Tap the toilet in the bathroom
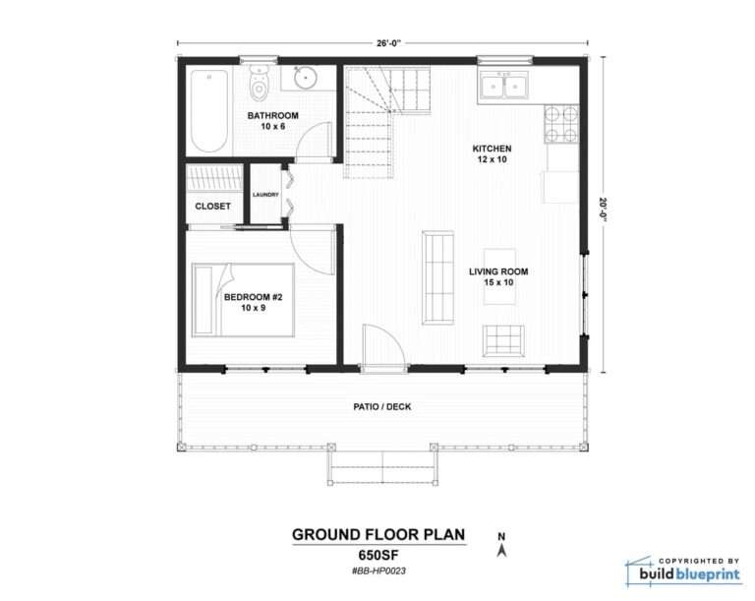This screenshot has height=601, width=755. coord(260,85)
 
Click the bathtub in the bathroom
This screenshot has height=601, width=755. coord(208,110)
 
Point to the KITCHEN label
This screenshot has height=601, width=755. coord(492,150)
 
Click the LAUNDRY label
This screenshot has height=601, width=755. coord(265,195)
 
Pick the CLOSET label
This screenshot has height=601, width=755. coord(213,207)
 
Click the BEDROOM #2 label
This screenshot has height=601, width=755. coord(253,297)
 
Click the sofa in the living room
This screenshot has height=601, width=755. coord(437,276)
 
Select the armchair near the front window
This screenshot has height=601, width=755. coord(504,340)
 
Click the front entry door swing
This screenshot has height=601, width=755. coord(381,346)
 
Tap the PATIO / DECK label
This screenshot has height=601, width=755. coord(381,405)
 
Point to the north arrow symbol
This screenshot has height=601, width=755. coord(501,546)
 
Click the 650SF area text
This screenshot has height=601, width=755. coord(377,554)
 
